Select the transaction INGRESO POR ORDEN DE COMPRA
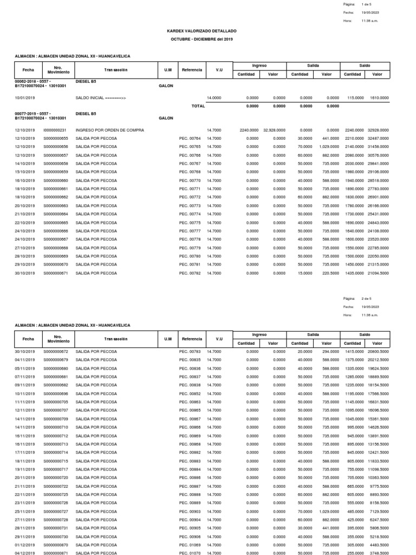pos(110,131)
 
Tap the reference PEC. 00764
pos(190,139)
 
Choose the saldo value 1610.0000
pos(379,98)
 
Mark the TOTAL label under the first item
pos(198,106)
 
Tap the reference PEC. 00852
pos(190,393)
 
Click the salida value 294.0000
pos(330,352)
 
